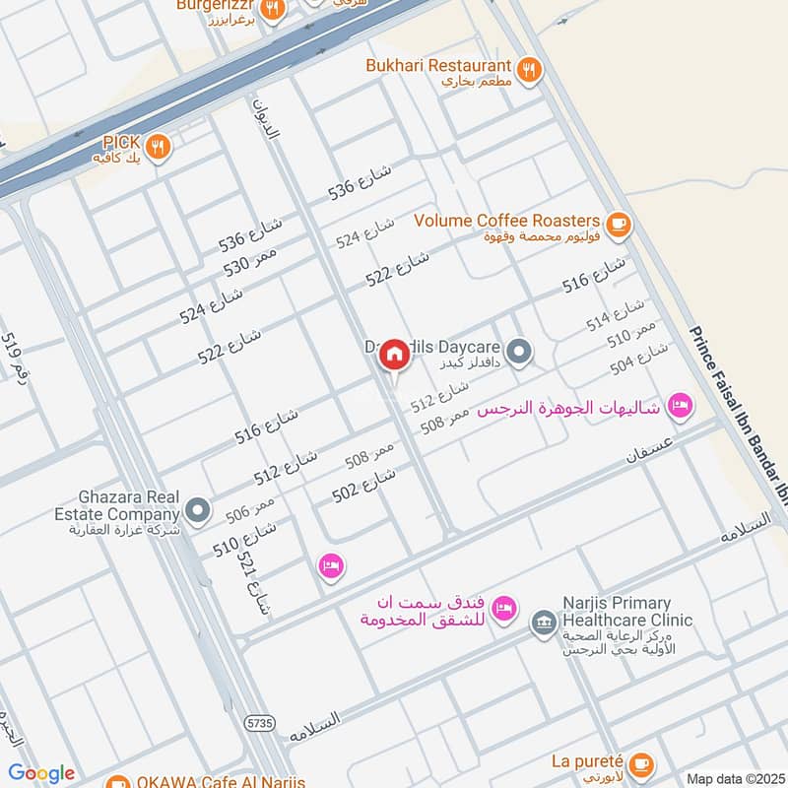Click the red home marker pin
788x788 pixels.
394,356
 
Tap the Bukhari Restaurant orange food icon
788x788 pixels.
530,70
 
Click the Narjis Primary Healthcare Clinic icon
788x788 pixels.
543,623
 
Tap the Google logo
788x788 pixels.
41,773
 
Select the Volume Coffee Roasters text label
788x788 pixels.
507,220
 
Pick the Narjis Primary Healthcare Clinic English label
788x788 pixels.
626,612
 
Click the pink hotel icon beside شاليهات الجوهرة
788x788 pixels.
679,405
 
